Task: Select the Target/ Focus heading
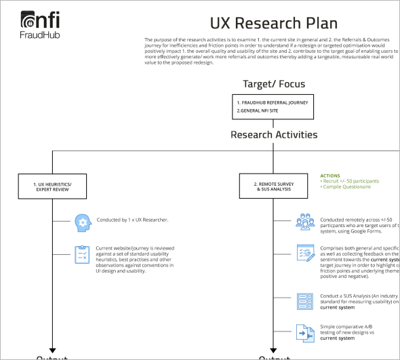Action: (274, 85)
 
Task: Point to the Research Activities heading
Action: (274, 134)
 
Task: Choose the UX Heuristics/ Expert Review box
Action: (52, 186)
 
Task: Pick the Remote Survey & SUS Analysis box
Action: (273, 186)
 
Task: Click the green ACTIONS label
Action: (330, 176)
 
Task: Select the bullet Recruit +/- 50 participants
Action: (351, 181)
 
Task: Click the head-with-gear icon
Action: (82, 221)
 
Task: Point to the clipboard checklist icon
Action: (82, 255)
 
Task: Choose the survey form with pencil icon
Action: (304, 253)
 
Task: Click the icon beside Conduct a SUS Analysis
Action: (304, 300)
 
